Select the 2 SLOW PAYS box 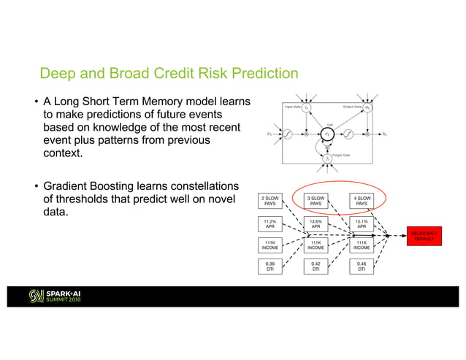coord(270,200)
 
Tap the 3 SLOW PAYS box coord(316,200)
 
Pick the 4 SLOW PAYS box coord(362,200)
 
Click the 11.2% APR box coord(270,223)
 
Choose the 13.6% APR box coord(316,223)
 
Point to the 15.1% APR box coord(362,223)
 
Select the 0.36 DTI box coord(270,267)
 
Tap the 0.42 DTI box coord(316,267)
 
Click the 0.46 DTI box coord(362,267)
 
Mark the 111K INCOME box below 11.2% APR coord(270,245)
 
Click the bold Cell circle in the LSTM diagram coord(328,134)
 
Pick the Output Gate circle coord(368,108)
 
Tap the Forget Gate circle coord(328,158)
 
